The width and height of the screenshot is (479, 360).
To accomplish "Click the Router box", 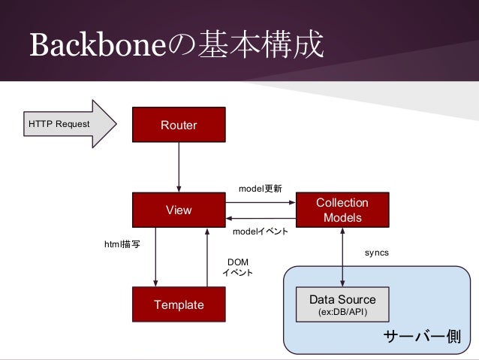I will tap(179, 125).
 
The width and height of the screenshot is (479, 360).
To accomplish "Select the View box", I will tap(179, 210).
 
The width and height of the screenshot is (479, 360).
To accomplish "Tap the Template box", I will tap(179, 304).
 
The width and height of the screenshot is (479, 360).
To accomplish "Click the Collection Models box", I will tap(342, 210).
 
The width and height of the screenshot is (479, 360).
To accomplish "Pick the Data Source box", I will tap(342, 304).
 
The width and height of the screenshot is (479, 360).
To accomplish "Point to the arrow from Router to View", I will tap(179, 167).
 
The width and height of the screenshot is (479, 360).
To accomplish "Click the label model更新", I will tap(260, 189).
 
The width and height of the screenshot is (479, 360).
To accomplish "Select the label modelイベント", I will tap(260, 232).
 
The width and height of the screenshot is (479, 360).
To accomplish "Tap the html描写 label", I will tap(121, 244).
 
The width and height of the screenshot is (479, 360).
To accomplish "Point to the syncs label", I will tap(376, 253).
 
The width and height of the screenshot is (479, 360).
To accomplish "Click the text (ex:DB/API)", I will tap(342, 312).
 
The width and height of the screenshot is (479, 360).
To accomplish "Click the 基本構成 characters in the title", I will tap(260, 47).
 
